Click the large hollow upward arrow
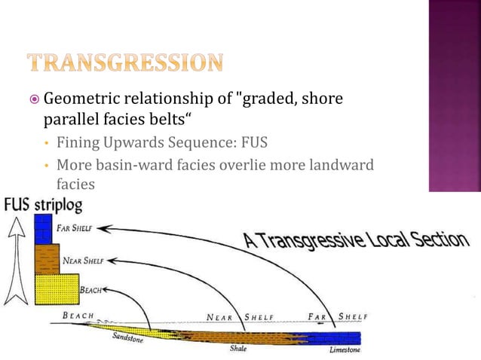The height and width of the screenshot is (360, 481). (x=15, y=256)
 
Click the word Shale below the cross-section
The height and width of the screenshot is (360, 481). (x=240, y=349)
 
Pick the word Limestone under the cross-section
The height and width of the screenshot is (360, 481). (x=345, y=350)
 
